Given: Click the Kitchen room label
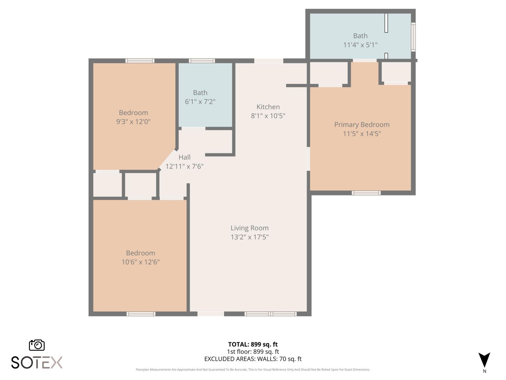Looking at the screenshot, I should [268, 107].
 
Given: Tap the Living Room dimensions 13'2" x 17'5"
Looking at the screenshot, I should [250, 237].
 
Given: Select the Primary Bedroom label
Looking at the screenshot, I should [362, 125].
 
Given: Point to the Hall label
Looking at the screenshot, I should [184, 157].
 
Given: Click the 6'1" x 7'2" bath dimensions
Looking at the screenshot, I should [200, 102].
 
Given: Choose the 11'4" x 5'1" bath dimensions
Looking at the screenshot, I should [360, 45].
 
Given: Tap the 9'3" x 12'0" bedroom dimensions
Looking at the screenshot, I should [133, 122].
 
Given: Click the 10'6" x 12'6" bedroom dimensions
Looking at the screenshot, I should [140, 262].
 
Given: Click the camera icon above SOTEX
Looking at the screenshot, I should [37, 345].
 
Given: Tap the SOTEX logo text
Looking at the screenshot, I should [37, 362].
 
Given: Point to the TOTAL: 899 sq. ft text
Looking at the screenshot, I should [253, 344].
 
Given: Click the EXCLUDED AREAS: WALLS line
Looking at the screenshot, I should [253, 359].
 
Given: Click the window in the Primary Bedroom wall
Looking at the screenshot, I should [366, 193].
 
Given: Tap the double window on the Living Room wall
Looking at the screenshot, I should [271, 314].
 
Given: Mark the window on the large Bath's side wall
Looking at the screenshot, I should [413, 37].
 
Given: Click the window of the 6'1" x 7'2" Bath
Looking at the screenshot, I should [202, 61].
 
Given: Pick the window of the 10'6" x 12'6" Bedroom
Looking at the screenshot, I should [141, 314].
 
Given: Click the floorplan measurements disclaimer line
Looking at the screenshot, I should [253, 370].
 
